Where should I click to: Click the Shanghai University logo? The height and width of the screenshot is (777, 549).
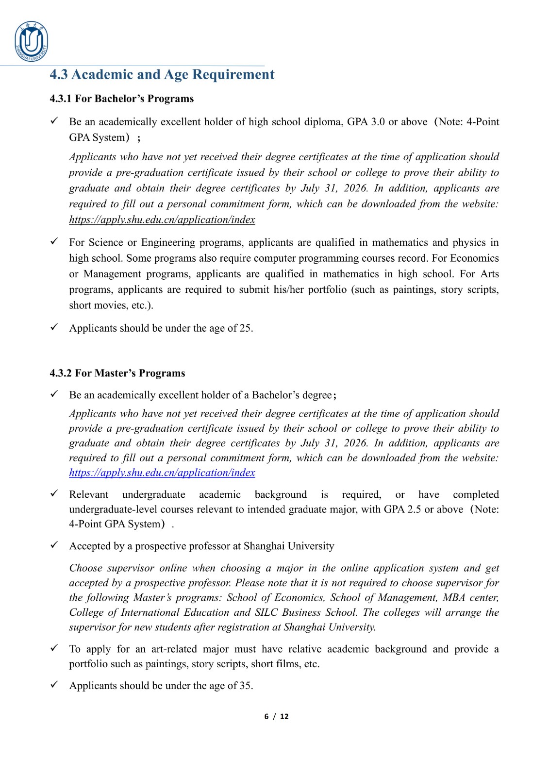[32, 42]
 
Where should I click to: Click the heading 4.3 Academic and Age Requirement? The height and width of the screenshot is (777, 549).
[162, 74]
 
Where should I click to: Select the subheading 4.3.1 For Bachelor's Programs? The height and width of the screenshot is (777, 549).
[121, 99]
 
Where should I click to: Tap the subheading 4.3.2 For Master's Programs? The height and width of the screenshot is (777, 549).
[117, 373]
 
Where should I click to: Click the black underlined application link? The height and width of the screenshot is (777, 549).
[162, 220]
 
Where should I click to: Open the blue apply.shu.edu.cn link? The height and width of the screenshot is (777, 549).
[162, 473]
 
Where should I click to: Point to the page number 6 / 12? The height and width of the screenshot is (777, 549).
[276, 716]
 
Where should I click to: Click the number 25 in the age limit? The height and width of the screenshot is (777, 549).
[246, 328]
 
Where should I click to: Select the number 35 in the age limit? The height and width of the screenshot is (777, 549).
[246, 686]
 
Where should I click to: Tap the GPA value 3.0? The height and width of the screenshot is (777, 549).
[378, 122]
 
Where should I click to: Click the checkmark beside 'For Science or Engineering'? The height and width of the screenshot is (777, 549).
[54, 241]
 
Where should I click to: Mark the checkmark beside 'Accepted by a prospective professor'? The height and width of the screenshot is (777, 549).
[54, 545]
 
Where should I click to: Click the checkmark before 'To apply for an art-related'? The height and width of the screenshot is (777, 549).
[54, 648]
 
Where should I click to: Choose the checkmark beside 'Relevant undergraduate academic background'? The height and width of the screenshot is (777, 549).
[54, 493]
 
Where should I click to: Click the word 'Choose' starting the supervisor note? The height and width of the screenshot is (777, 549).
[85, 568]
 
